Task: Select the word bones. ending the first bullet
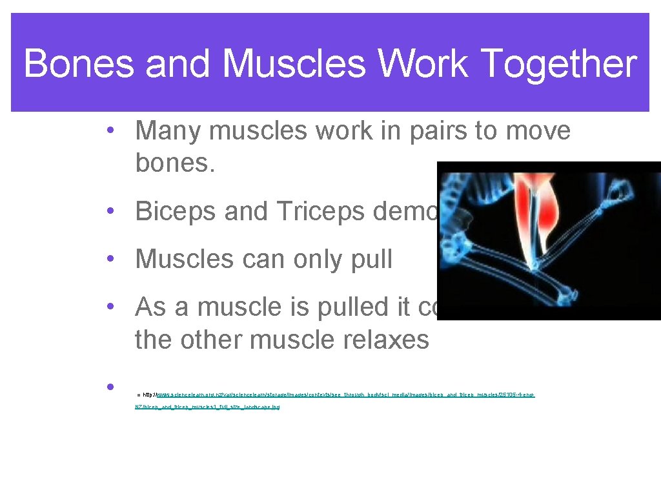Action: pos(173,163)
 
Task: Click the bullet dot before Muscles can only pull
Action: pos(112,260)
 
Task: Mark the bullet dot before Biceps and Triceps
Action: pos(112,211)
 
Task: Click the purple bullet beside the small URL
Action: pos(112,387)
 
